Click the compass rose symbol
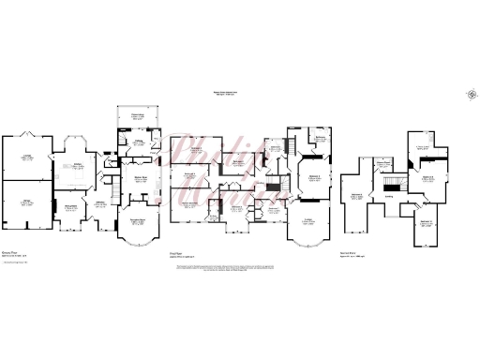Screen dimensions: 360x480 (x=467, y=92)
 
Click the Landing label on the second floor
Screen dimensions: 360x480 (x=387, y=197)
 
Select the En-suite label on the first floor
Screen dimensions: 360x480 (x=276, y=150)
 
